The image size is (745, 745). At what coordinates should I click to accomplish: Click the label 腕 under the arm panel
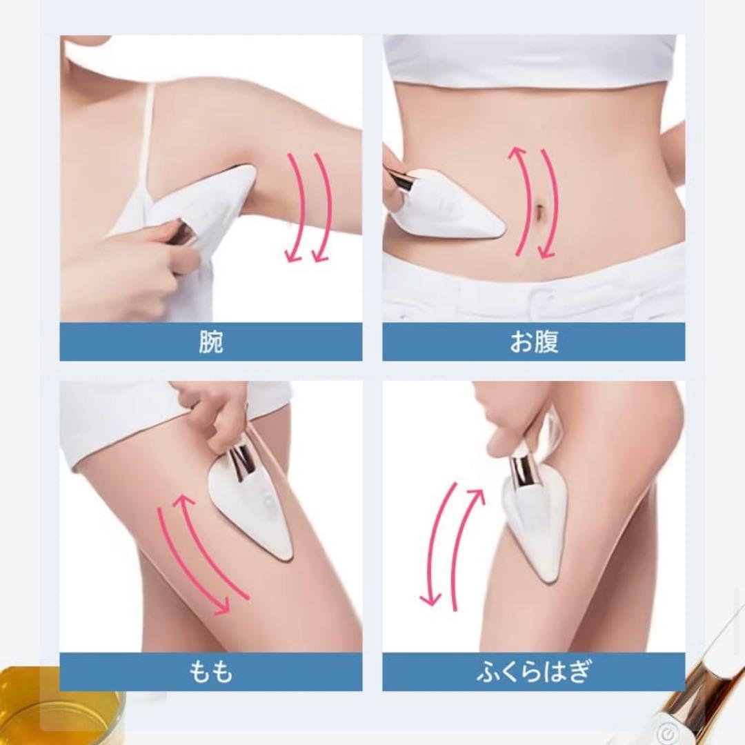click(x=210, y=342)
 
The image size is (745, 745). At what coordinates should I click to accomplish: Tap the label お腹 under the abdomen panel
click(x=533, y=342)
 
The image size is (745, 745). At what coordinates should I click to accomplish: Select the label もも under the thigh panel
click(x=210, y=671)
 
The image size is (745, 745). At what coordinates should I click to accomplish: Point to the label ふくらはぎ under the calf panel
click(x=533, y=671)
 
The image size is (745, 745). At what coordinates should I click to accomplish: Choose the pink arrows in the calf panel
click(x=452, y=545)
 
